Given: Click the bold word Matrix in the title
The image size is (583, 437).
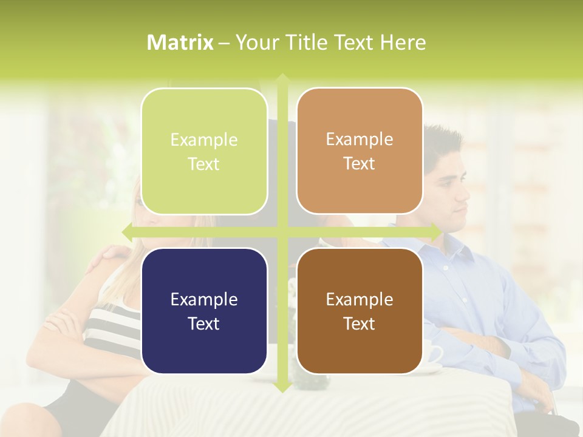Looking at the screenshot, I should pos(180,42).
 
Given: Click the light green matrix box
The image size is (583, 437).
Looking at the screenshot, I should pos(204,151).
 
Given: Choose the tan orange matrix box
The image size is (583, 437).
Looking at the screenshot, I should pos(360,151).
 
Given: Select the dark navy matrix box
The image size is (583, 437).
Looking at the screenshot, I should pos(204,311).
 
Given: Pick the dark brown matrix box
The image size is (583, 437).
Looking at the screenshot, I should pos(360,311).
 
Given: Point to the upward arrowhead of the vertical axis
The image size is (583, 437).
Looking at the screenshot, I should pos(282,80).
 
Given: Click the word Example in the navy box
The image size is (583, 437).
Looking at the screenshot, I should pos(204,299).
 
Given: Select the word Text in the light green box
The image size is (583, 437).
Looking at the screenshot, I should pos(204,164).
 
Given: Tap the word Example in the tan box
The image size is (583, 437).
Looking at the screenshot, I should pos(360,139).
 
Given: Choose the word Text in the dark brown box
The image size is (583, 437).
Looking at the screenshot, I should pos(360,324).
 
